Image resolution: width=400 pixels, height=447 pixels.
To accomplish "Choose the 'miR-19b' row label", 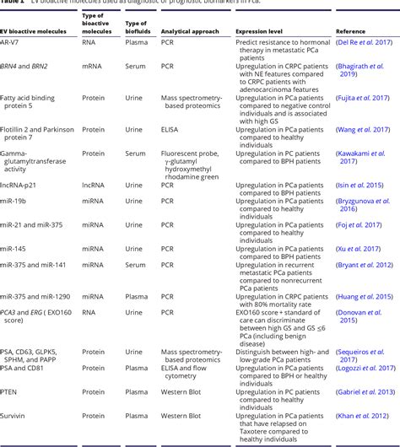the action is click(15, 201).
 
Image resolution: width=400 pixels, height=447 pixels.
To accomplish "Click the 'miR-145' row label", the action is click(14, 249).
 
